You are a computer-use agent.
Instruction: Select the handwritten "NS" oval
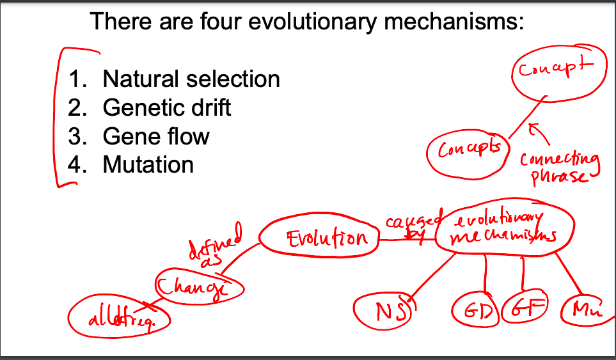(x=383, y=311)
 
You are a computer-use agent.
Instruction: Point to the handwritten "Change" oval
(x=199, y=285)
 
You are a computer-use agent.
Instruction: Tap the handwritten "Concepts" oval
(x=467, y=152)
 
